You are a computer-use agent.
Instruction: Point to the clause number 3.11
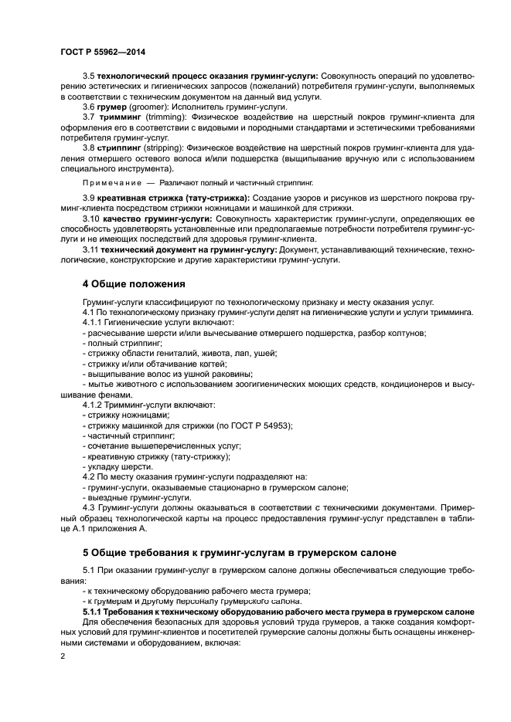[91, 249]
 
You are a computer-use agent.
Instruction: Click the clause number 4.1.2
[94, 405]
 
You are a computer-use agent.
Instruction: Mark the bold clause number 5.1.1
[94, 612]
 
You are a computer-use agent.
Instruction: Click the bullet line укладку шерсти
[120, 466]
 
